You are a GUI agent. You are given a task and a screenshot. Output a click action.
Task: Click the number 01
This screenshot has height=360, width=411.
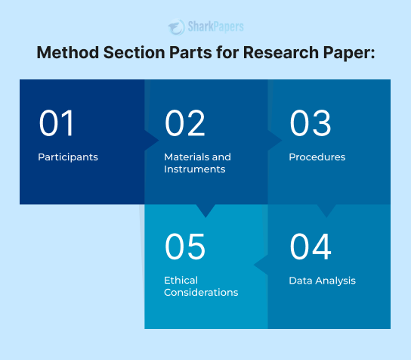57,123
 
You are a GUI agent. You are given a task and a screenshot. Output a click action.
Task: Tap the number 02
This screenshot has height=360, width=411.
184,123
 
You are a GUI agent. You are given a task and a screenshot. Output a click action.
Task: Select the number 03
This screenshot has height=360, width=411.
310,123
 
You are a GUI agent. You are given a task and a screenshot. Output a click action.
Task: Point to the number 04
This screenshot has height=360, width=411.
311,247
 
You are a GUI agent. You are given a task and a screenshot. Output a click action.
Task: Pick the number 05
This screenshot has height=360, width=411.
185,247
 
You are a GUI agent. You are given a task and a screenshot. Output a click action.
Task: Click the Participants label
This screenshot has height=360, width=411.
68,157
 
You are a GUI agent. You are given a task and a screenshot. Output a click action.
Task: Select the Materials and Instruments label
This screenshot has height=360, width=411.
197,163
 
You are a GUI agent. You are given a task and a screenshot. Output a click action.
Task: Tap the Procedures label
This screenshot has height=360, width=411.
317,157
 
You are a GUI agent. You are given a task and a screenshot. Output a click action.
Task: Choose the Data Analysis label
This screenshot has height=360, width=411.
322,281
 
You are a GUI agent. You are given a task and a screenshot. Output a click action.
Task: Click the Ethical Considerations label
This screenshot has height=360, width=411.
201,286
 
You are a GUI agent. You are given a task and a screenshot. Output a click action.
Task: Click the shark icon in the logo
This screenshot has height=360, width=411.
177,27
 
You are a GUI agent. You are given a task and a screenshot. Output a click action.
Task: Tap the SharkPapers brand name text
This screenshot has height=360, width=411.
217,28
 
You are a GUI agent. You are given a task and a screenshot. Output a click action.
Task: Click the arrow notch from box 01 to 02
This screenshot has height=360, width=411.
151,141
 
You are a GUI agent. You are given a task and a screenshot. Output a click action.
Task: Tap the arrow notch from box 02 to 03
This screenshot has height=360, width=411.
275,141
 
